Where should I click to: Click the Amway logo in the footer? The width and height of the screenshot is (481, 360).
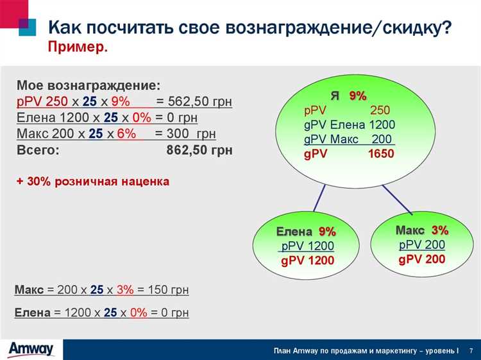coord(31,349)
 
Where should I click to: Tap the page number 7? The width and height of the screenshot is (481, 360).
coord(471,350)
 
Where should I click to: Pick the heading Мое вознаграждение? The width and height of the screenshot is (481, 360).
coord(89,85)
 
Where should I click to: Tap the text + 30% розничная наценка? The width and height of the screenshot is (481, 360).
coord(93,182)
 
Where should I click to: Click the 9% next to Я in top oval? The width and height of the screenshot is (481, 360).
coord(358,96)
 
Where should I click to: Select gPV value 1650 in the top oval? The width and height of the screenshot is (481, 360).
coord(382,155)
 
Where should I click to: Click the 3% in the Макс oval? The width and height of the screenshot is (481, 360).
coord(440,230)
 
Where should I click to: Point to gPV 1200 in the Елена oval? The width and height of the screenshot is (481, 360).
coord(307,261)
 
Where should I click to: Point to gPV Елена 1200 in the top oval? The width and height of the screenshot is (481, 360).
coord(350,125)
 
